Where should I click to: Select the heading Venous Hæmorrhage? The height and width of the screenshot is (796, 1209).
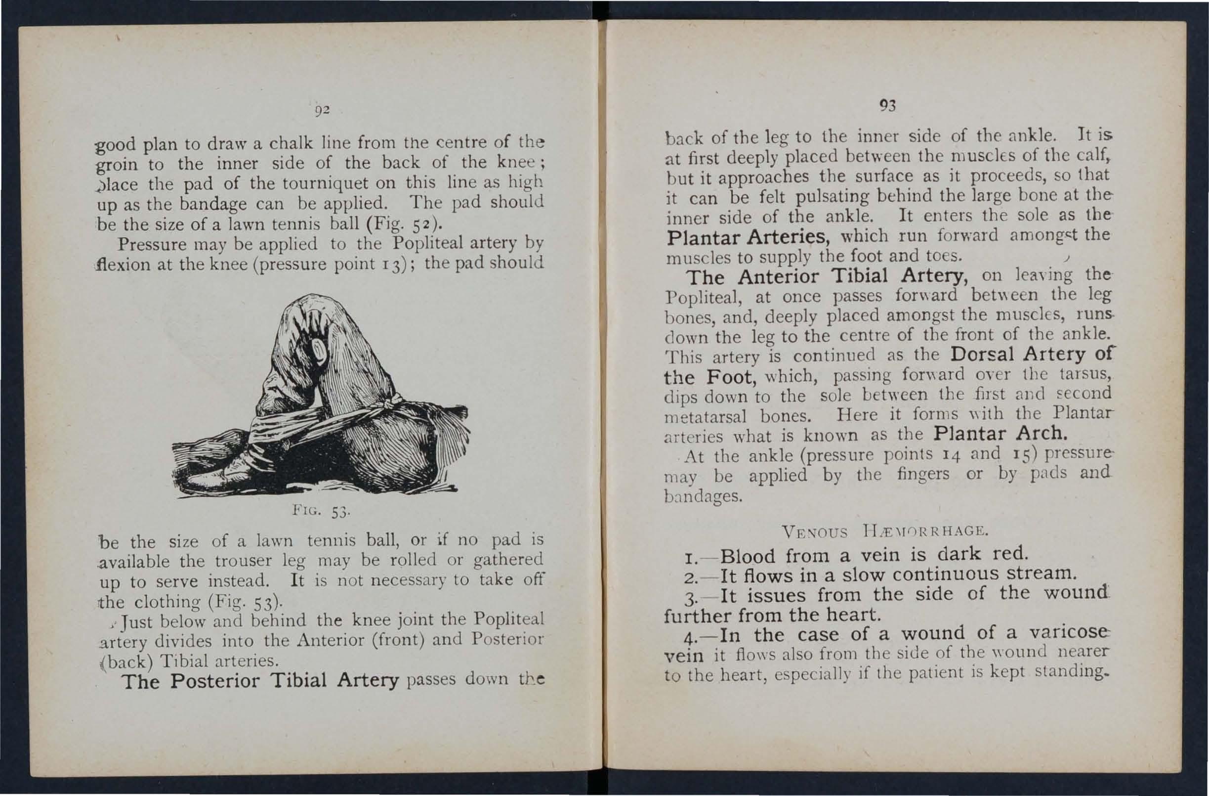tap(886, 531)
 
